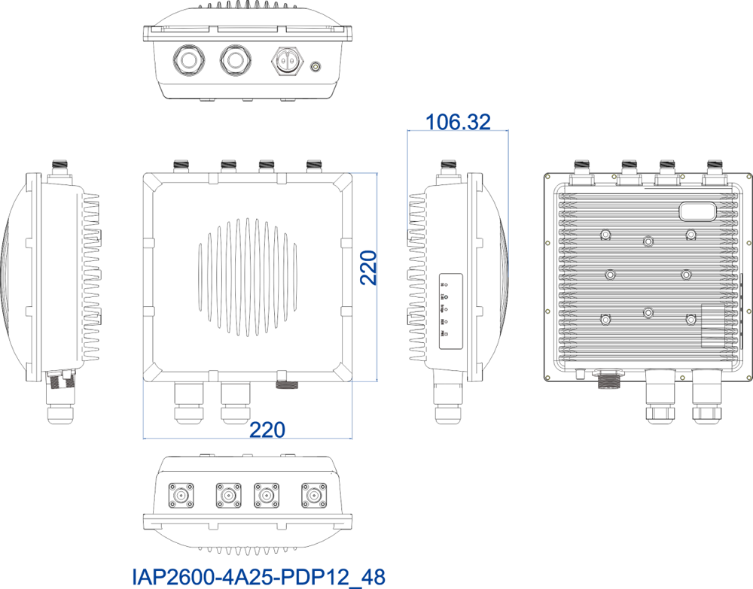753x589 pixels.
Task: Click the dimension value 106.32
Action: click(x=458, y=121)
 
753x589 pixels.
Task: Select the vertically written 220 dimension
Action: click(x=368, y=267)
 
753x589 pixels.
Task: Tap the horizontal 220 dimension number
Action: click(x=267, y=430)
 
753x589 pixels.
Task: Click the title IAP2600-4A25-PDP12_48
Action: click(x=258, y=577)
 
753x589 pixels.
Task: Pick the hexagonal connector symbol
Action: click(x=287, y=61)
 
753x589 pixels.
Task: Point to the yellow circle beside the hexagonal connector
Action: click(x=316, y=67)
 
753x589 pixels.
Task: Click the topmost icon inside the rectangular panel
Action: click(x=444, y=285)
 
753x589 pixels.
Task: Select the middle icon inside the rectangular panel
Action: click(x=444, y=308)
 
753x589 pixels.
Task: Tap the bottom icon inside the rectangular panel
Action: click(x=444, y=333)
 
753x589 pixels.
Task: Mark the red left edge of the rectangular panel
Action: click(x=440, y=311)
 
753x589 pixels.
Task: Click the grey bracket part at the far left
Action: click(x=62, y=379)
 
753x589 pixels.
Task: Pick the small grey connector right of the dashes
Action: click(x=287, y=385)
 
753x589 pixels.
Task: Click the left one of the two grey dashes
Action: click(x=189, y=384)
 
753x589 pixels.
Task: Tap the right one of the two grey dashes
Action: click(x=236, y=384)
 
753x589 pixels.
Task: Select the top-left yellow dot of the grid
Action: click(x=547, y=177)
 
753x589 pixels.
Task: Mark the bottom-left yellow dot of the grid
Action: click(x=547, y=378)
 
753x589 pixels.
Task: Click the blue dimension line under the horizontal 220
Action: click(x=247, y=438)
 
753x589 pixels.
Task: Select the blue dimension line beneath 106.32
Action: click(x=458, y=130)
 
